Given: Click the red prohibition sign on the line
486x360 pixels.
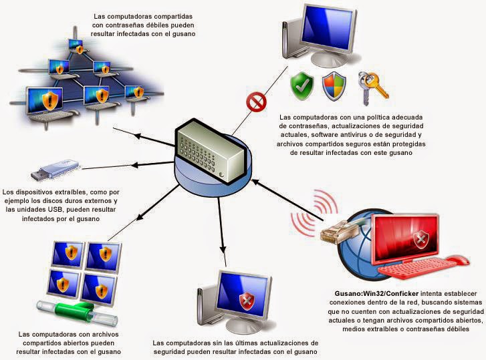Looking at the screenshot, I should point(254,102).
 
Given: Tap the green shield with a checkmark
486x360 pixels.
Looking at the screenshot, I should point(301,84).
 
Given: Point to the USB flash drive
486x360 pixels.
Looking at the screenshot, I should point(56,169).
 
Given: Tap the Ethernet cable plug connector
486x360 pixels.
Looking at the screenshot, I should point(332,232).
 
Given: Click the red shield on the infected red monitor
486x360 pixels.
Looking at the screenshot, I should point(421,239).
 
